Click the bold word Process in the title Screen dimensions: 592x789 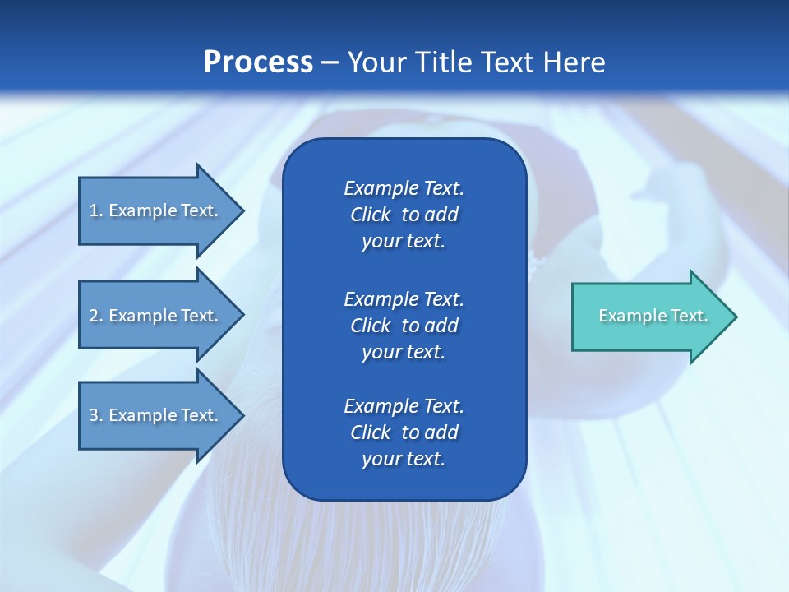point(258,62)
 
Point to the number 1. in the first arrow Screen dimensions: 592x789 point(96,210)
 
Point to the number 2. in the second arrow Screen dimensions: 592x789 point(96,316)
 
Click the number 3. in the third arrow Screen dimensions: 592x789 point(96,415)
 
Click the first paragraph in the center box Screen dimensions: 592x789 point(404,215)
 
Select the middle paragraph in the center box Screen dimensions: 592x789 point(404,325)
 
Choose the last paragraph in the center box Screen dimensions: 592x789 point(404,432)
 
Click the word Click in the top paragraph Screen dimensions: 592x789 point(370,215)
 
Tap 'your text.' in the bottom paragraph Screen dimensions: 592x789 point(404,459)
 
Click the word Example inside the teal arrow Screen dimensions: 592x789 point(625,316)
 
